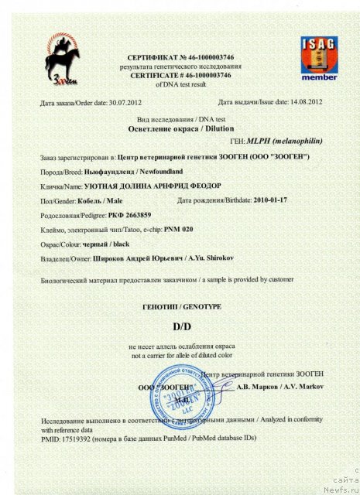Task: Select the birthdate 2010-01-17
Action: (276, 200)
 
